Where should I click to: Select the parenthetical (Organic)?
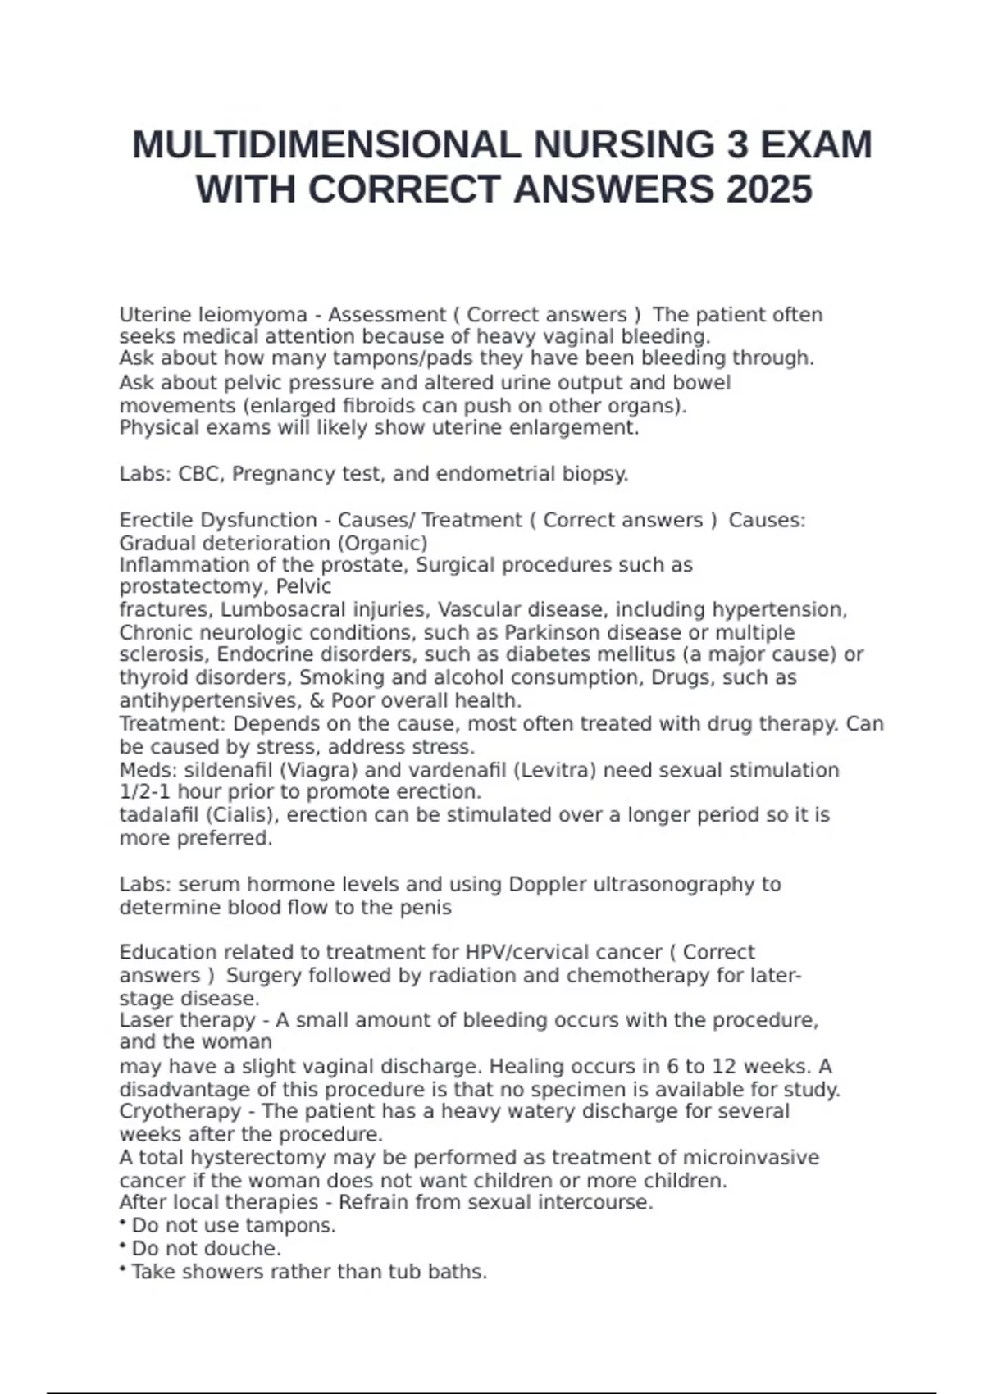coord(385,544)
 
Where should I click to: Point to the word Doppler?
coord(548,885)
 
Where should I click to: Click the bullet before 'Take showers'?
coord(122,1270)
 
